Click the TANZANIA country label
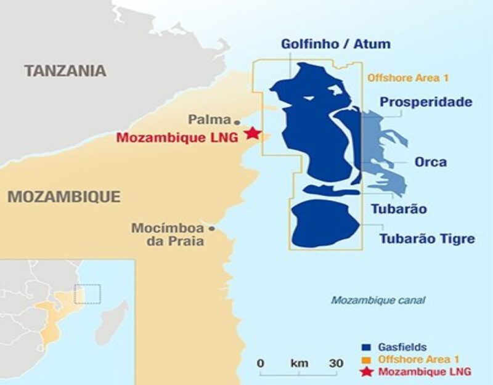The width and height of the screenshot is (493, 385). pyautogui.click(x=65, y=71)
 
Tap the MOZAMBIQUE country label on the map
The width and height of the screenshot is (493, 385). pyautogui.click(x=63, y=197)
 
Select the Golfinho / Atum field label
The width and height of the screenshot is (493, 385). pyautogui.click(x=336, y=44)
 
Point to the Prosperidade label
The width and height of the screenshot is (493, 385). pyautogui.click(x=426, y=102)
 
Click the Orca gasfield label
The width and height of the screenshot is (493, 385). pyautogui.click(x=431, y=163)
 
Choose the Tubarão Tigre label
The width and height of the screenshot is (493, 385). pyautogui.click(x=427, y=238)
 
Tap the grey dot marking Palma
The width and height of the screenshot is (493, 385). pyautogui.click(x=237, y=121)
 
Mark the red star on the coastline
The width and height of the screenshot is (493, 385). pyautogui.click(x=252, y=133)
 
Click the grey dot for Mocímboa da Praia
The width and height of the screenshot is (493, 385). pyautogui.click(x=211, y=229)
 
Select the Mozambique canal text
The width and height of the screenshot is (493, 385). pyautogui.click(x=378, y=301)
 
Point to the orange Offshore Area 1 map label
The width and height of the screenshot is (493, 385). pyautogui.click(x=408, y=78)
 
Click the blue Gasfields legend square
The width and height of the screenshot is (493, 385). pyautogui.click(x=365, y=347)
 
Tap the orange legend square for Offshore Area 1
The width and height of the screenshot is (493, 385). pyautogui.click(x=365, y=360)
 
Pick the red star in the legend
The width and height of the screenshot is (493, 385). pyautogui.click(x=366, y=371)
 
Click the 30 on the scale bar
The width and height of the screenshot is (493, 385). pyautogui.click(x=336, y=363)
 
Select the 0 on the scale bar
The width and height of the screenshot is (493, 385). pyautogui.click(x=261, y=363)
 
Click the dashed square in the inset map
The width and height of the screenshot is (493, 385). pyautogui.click(x=88, y=294)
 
